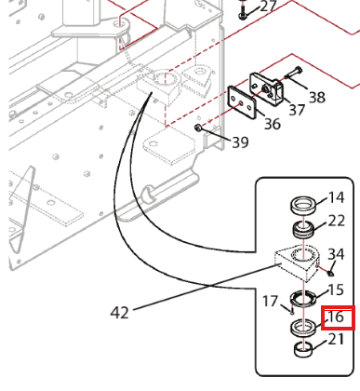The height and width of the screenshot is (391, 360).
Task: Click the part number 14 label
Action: point(336,197)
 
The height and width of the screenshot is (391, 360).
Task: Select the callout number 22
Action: point(337,221)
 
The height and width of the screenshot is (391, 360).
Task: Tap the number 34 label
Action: point(336,254)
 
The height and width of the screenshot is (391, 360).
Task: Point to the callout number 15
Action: point(336,290)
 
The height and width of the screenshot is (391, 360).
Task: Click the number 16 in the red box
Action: point(336,317)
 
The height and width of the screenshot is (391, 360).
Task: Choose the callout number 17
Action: point(270,301)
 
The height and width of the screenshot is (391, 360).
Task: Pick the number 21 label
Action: point(336,339)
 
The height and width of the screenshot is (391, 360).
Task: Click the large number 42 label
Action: point(119,313)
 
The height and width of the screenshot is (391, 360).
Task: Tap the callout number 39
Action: point(240,142)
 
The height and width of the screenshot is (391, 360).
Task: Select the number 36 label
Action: point(273,124)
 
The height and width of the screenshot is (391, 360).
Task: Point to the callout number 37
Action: point(297,110)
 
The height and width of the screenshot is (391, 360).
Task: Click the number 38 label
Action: point(317,97)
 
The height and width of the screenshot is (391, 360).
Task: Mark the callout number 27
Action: point(269,6)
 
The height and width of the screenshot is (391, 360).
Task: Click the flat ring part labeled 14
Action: point(303,204)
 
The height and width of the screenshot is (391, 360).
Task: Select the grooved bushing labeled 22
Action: point(303,230)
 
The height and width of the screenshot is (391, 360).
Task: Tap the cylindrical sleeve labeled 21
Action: point(303,349)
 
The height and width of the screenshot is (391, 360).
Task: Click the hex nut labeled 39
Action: point(197,128)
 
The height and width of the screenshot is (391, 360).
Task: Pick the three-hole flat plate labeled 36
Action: point(242,101)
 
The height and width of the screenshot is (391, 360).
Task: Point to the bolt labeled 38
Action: point(293,73)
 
